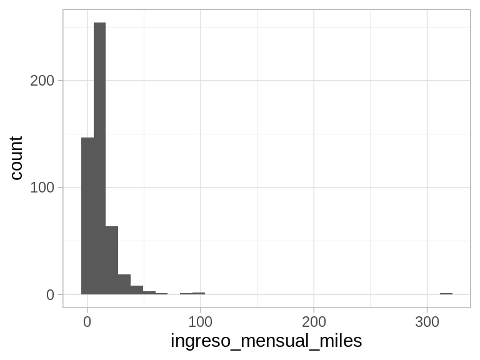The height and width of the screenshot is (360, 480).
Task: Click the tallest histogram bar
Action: [x=99, y=156]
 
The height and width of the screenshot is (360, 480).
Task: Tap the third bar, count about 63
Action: [x=112, y=260]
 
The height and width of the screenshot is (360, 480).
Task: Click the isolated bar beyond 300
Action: [x=446, y=293]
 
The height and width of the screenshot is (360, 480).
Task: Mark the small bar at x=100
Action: [x=199, y=293]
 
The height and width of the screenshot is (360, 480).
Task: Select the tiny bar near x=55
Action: [x=149, y=292]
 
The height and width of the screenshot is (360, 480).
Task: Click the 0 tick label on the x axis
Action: [x=87, y=322]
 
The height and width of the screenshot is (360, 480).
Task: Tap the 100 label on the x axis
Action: [x=200, y=322]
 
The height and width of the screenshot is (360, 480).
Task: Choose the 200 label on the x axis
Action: [x=314, y=322]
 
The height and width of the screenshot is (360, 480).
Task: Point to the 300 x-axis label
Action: [x=427, y=322]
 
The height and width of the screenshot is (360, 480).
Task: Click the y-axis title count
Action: [x=17, y=159]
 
